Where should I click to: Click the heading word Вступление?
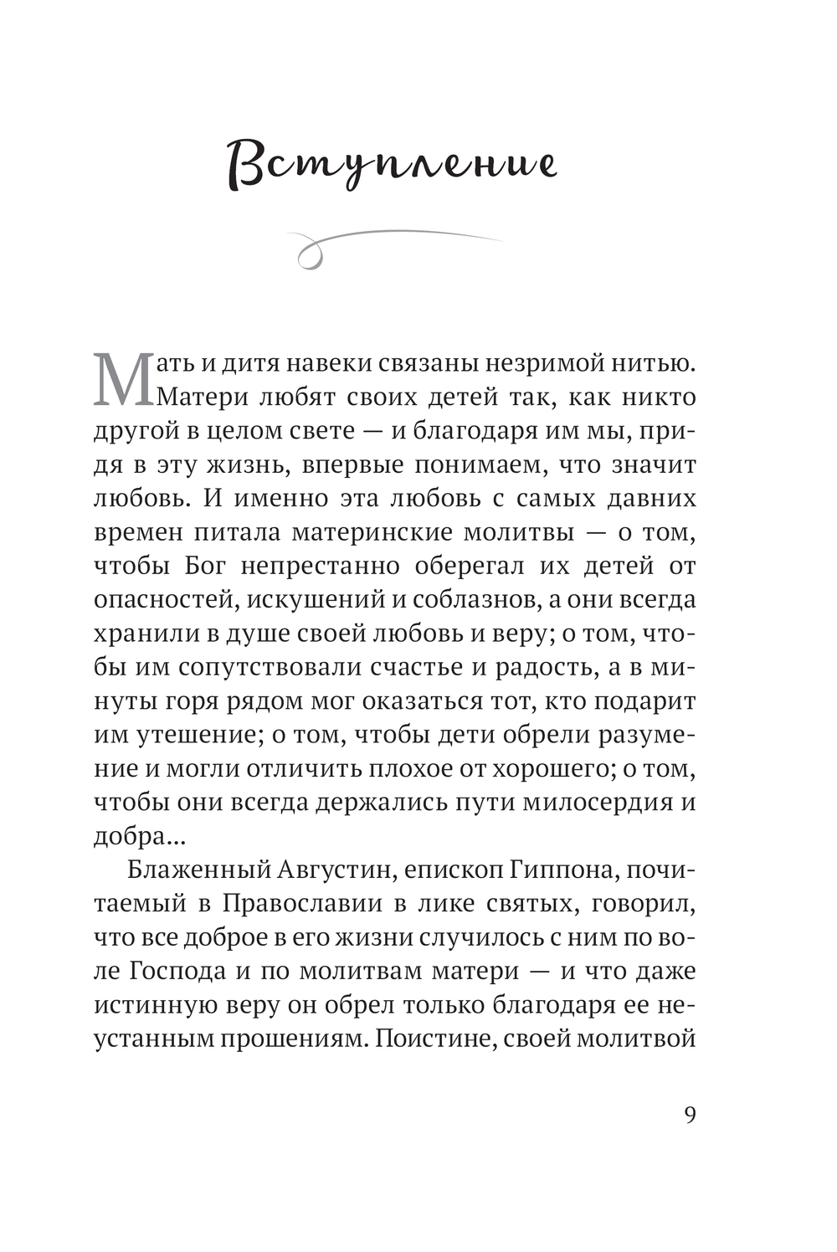[x=392, y=164]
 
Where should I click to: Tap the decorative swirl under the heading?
[x=393, y=245]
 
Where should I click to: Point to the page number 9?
[x=689, y=1116]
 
